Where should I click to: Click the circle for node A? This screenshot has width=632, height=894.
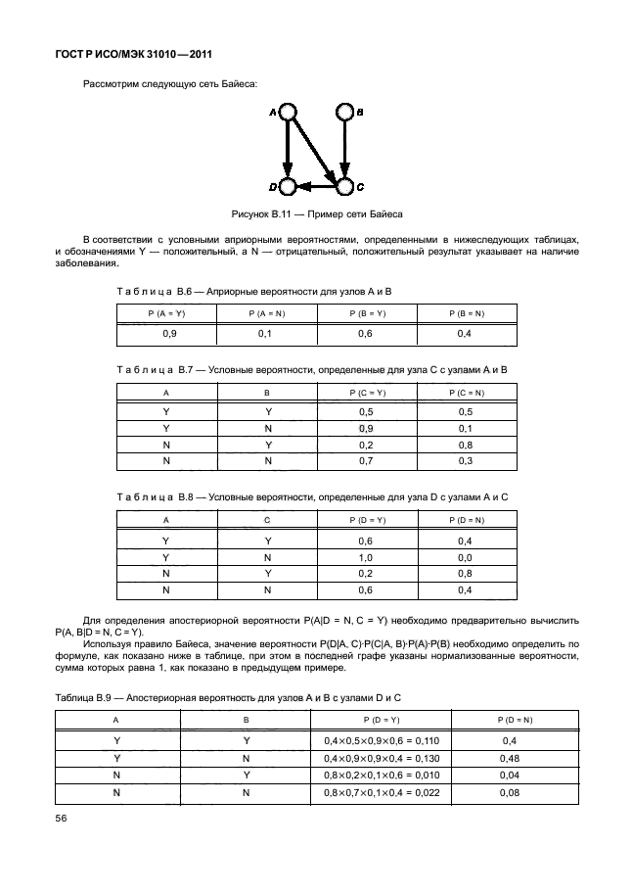pyautogui.click(x=287, y=113)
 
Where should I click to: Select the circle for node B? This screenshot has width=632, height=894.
pyautogui.click(x=344, y=113)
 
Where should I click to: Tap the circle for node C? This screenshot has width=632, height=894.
pyautogui.click(x=344, y=185)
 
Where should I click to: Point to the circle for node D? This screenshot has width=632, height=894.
pyautogui.click(x=287, y=185)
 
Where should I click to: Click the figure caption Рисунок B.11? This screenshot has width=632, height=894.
pyautogui.click(x=316, y=212)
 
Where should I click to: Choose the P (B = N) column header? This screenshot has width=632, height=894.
pyautogui.click(x=467, y=312)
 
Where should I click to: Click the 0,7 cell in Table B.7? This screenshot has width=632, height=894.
pyautogui.click(x=366, y=460)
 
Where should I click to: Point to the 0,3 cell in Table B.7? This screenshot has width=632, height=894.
pyautogui.click(x=467, y=460)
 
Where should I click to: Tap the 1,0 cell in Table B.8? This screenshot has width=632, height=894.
pyautogui.click(x=366, y=556)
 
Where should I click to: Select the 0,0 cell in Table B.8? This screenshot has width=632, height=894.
pyautogui.click(x=467, y=556)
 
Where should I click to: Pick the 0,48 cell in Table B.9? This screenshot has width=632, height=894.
pyautogui.click(x=510, y=758)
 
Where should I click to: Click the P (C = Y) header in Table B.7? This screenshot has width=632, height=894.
pyautogui.click(x=366, y=393)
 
